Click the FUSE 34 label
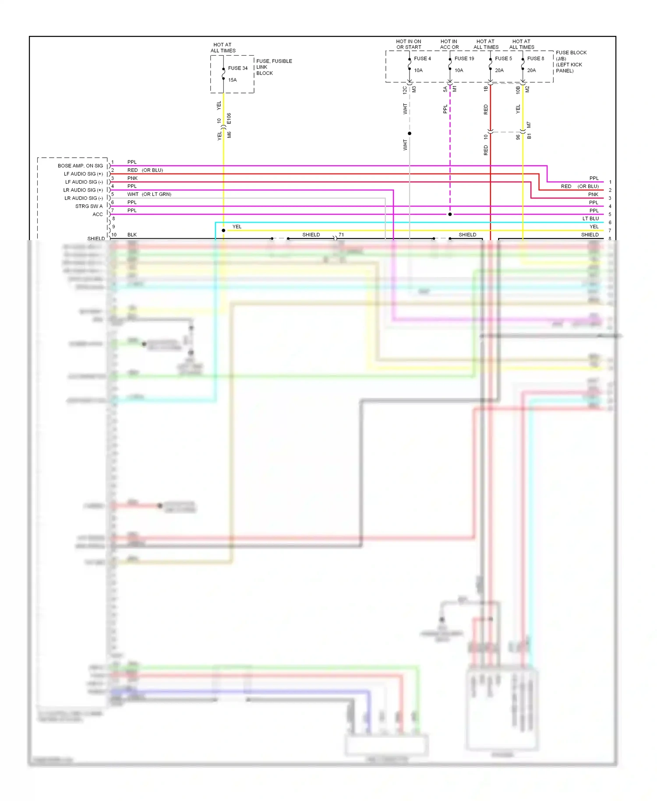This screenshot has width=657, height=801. tap(237, 68)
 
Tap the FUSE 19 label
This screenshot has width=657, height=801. tap(464, 59)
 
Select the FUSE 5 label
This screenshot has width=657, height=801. tap(503, 59)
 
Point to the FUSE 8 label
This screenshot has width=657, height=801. tap(535, 59)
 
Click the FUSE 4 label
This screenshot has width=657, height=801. tap(422, 59)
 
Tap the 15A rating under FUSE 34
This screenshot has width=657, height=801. tap(232, 80)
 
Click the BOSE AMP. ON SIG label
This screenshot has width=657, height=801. tap(80, 166)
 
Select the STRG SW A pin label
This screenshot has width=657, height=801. tap(89, 206)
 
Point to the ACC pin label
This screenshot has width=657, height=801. tap(98, 215)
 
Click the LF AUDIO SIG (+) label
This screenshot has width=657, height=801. tap(83, 174)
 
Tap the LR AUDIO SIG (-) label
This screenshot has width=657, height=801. tap(84, 198)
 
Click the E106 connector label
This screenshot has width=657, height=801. tap(229, 118)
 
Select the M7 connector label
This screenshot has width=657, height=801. tap(529, 125)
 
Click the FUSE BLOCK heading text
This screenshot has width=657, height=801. tap(571, 53)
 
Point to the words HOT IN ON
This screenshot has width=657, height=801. tap(408, 42)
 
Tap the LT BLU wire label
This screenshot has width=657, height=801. tap(590, 219)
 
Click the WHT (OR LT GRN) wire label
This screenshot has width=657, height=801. tap(149, 195)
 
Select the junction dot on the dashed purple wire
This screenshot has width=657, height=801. tap(450, 214)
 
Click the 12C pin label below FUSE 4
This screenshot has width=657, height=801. tap(405, 90)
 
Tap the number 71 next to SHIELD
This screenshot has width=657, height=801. tap(341, 235)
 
